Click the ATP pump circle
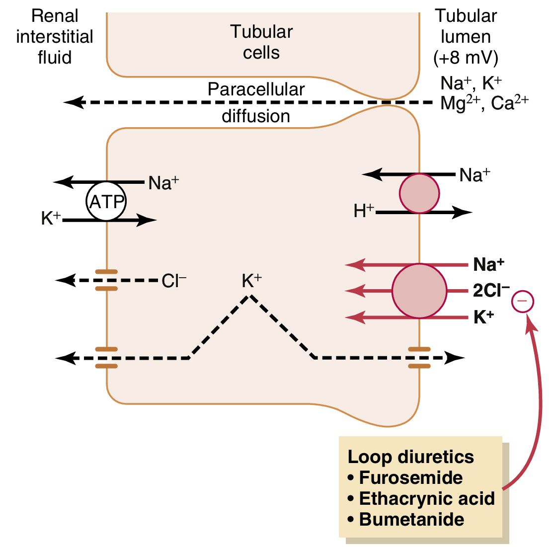(x=106, y=202)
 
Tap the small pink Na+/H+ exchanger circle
(x=420, y=193)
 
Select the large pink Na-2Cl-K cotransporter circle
(x=419, y=291)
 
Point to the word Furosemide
(x=411, y=478)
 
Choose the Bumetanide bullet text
(x=411, y=520)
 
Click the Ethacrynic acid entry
(x=427, y=499)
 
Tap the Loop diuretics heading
(x=411, y=457)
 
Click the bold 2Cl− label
(x=491, y=291)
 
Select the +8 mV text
(x=466, y=58)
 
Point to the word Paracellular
(x=256, y=89)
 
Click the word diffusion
(x=256, y=116)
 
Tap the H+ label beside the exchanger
(x=363, y=211)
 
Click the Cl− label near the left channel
(x=174, y=281)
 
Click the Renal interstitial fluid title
(x=55, y=37)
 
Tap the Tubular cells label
(x=261, y=42)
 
